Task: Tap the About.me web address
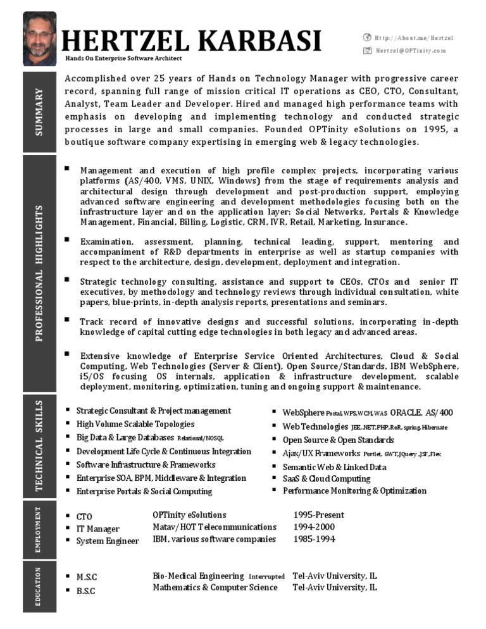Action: pyautogui.click(x=414, y=38)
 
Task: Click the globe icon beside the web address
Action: pyautogui.click(x=366, y=38)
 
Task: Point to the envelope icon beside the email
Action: pyautogui.click(x=366, y=51)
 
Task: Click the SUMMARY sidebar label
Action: pyautogui.click(x=39, y=113)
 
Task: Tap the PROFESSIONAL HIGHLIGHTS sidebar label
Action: pyautogui.click(x=39, y=273)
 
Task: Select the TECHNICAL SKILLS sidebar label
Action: pyautogui.click(x=39, y=445)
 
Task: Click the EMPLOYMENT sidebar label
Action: pyautogui.click(x=38, y=529)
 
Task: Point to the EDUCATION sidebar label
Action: pyautogui.click(x=38, y=587)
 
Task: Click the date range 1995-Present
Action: pyautogui.click(x=318, y=515)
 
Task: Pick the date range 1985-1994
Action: pyautogui.click(x=314, y=539)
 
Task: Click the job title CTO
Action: pyautogui.click(x=84, y=517)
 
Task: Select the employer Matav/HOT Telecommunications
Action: pyautogui.click(x=215, y=527)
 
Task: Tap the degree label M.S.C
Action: pyautogui.click(x=87, y=577)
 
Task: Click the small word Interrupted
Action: pyautogui.click(x=266, y=577)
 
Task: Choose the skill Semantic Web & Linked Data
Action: pyautogui.click(x=334, y=467)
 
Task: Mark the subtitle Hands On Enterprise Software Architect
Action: pyautogui.click(x=123, y=58)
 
